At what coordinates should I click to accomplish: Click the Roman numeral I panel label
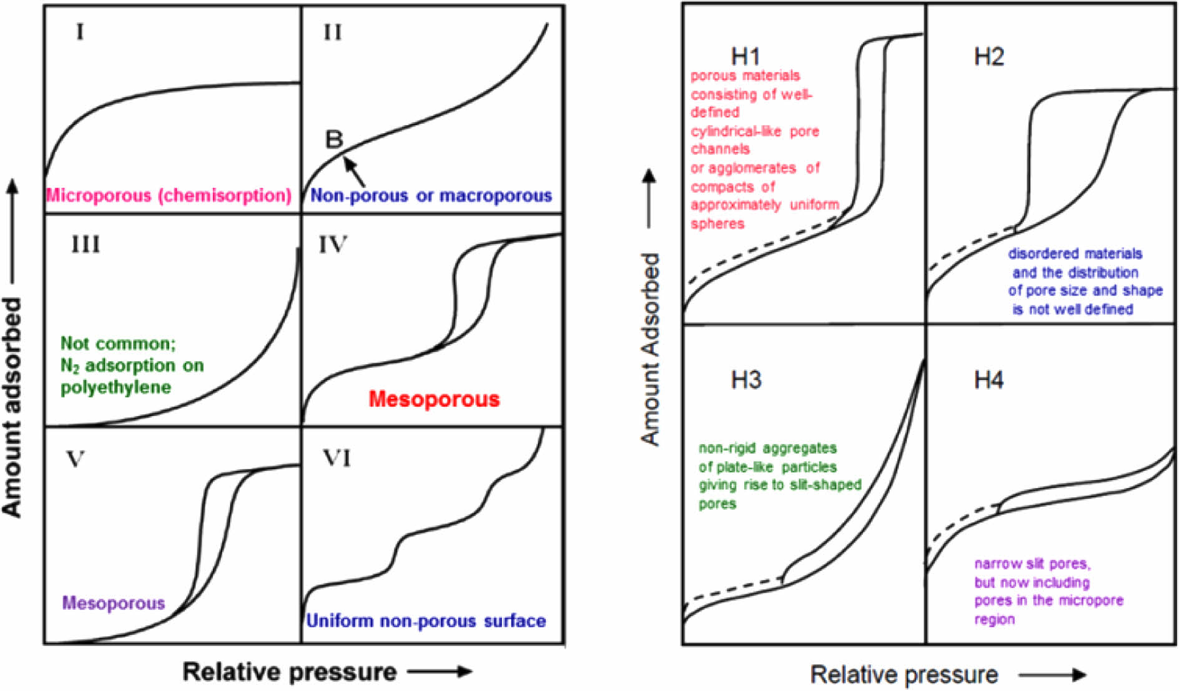pos(80,31)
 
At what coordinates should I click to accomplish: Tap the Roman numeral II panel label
pos(333,32)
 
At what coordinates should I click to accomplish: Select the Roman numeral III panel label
pos(86,244)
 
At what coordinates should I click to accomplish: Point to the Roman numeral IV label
pos(333,244)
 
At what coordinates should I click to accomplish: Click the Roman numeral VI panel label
pos(337,459)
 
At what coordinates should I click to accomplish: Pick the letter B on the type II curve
pos(334,139)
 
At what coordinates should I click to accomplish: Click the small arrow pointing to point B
pos(354,171)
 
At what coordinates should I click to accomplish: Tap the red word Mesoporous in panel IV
pos(434,399)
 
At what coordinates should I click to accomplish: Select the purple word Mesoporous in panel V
pos(114,603)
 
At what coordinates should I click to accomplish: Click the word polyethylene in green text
pos(116,387)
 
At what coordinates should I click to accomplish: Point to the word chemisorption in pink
pos(224,196)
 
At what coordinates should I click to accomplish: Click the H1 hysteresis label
pos(745,56)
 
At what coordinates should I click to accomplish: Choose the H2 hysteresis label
pos(989,57)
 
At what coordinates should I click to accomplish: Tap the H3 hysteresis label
pos(746,379)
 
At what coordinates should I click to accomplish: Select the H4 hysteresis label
pos(989,379)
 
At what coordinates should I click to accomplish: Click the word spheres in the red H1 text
pos(717,224)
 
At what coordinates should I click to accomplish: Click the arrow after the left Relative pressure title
pos(440,672)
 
